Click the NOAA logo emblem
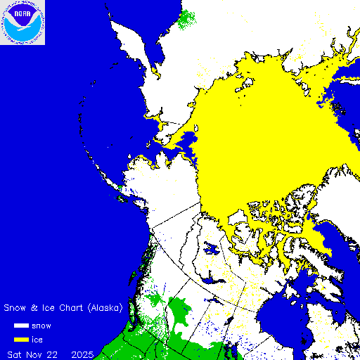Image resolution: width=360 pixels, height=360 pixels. (22, 22)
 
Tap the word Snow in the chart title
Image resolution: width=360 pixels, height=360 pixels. (15, 308)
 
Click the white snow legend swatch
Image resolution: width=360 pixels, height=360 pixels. (21, 326)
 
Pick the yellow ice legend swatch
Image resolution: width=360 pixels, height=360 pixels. (21, 338)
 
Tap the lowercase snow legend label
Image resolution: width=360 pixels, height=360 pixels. (41, 326)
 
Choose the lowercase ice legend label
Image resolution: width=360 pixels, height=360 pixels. (37, 338)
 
